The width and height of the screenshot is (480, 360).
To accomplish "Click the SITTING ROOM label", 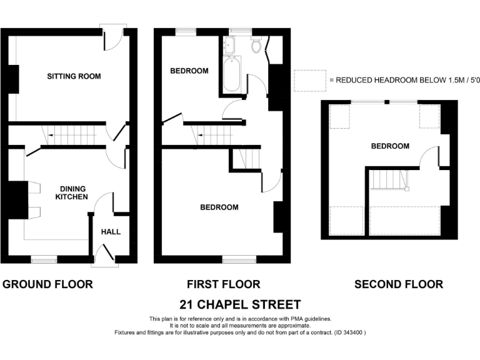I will click(x=74, y=76).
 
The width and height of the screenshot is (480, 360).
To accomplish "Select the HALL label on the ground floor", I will click(x=111, y=232).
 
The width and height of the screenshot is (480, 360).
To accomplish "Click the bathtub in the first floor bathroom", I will click(x=232, y=76).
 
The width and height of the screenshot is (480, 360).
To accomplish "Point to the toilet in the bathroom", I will click(x=256, y=45).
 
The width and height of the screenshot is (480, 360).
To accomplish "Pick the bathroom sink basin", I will click(x=229, y=44).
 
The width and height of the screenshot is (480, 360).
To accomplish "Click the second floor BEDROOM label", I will click(x=390, y=146).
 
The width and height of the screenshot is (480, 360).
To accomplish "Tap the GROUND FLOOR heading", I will click(x=48, y=284).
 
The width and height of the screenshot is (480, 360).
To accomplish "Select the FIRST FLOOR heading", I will click(x=223, y=284).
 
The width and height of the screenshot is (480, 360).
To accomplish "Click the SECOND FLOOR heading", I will click(x=399, y=284).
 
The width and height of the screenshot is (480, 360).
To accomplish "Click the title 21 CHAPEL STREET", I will click(x=240, y=305).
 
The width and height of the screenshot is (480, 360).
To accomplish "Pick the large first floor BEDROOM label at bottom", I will click(x=219, y=207).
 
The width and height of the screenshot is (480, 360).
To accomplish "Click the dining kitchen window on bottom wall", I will click(x=44, y=259).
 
